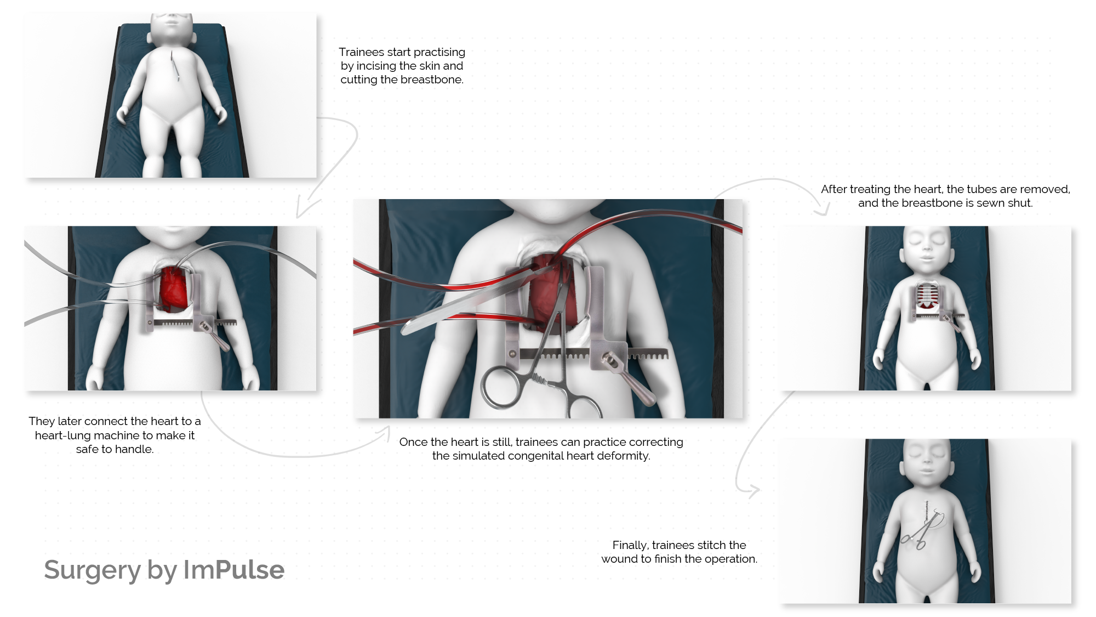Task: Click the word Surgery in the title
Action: (x=92, y=570)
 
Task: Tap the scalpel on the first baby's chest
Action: (x=175, y=66)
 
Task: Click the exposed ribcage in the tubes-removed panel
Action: (x=927, y=296)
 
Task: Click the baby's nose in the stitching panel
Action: (x=927, y=463)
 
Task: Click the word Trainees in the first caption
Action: (x=361, y=52)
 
